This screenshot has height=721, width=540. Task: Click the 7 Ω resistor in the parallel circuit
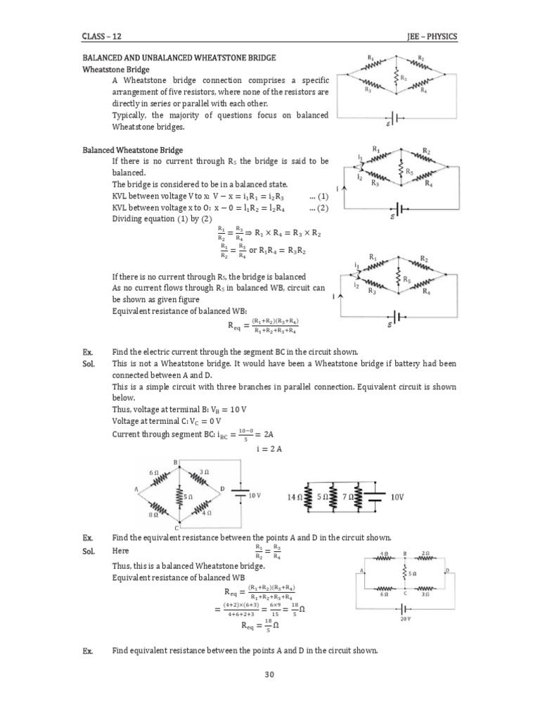(x=357, y=497)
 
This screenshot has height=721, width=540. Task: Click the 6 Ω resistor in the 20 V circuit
(x=384, y=587)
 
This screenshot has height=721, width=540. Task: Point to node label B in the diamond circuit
(x=175, y=461)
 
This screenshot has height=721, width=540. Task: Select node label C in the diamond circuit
(x=176, y=528)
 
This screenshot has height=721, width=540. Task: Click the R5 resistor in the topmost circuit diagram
(x=397, y=76)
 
